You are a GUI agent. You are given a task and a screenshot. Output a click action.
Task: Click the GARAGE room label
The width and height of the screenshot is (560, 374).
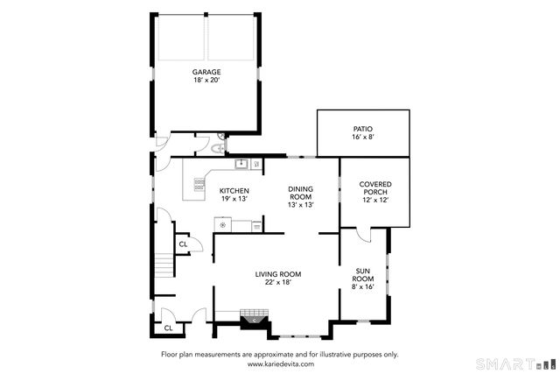tap(206, 72)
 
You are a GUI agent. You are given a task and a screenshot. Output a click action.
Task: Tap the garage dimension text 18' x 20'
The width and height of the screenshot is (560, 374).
tap(206, 81)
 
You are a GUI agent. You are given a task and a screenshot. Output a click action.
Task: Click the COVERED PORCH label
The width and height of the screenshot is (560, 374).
tap(374, 187)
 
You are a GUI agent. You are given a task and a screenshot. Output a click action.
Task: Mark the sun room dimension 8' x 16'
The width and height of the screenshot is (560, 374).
tap(365, 287)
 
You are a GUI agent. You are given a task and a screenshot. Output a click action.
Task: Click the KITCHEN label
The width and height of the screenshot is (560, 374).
tap(234, 191)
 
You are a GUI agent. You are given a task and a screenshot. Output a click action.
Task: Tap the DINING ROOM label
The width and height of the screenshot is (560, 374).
tap(300, 192)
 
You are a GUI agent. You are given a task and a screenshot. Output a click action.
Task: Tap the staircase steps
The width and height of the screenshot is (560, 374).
tap(163, 263)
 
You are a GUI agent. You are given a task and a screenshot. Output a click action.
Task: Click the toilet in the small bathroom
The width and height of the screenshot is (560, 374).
tap(202, 146)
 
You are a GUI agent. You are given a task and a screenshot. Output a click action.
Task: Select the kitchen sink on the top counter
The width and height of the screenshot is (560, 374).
tap(238, 164)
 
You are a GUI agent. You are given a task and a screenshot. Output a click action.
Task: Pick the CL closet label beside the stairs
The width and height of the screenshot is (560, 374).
tap(183, 244)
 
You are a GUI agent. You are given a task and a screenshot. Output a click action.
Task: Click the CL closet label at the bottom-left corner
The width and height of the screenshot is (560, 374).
tap(167, 328)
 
